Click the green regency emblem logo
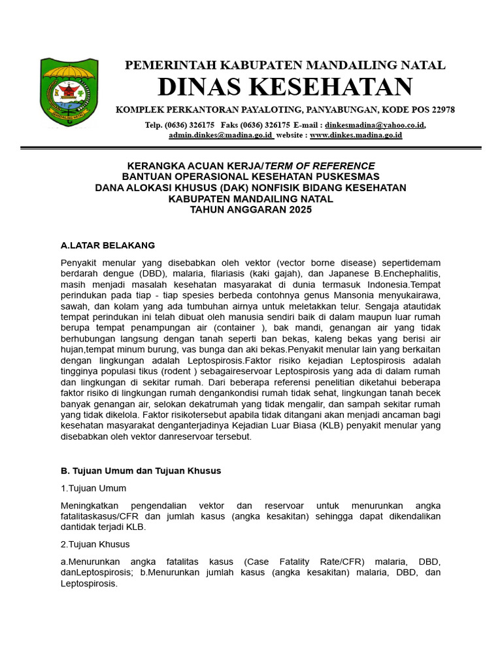(x=69, y=92)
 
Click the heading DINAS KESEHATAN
(x=285, y=86)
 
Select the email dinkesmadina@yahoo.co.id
(x=375, y=124)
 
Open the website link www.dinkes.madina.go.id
(x=356, y=135)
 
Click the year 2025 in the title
(x=299, y=210)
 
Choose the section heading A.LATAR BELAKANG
(x=107, y=245)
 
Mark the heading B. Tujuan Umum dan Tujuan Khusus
(x=141, y=470)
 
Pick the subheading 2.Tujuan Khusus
(x=95, y=544)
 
